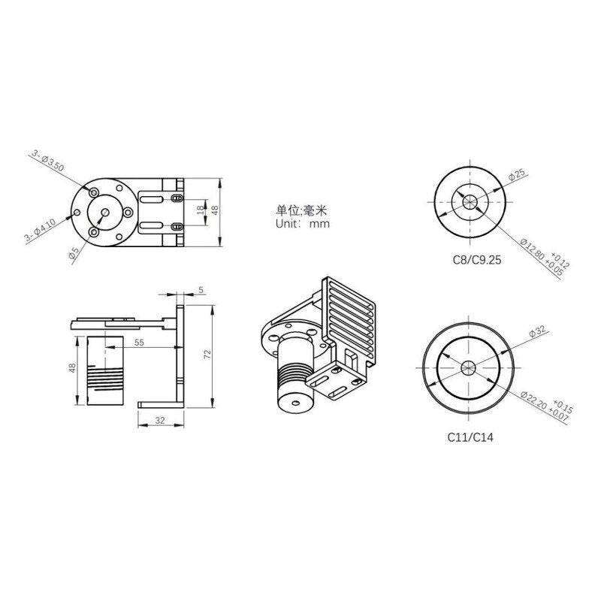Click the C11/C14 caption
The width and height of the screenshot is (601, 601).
(466, 436)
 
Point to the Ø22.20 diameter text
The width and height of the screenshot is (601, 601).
(538, 408)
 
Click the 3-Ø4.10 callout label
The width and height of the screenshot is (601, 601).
(39, 231)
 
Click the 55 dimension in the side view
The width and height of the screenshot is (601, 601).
(139, 342)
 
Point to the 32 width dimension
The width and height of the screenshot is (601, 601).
(160, 421)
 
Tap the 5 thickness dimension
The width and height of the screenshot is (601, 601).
(201, 288)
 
